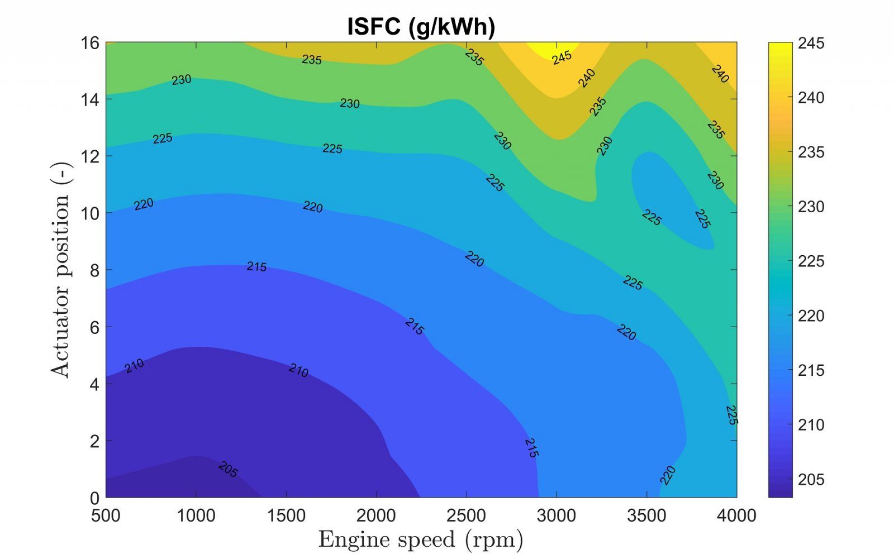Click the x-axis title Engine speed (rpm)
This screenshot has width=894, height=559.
pyautogui.click(x=421, y=540)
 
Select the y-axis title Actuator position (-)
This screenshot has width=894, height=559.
pyautogui.click(x=61, y=270)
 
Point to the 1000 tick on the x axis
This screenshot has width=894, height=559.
pyautogui.click(x=196, y=515)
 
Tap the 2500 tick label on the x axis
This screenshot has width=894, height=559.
pyautogui.click(x=467, y=515)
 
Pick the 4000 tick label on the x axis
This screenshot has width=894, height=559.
pyautogui.click(x=736, y=515)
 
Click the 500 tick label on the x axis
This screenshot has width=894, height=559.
pyautogui.click(x=106, y=515)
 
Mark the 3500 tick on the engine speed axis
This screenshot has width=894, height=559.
pyautogui.click(x=646, y=515)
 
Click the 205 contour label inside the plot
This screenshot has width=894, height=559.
pyautogui.click(x=228, y=470)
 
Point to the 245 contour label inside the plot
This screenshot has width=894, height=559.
pyautogui.click(x=562, y=57)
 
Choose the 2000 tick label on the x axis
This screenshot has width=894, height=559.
pyautogui.click(x=376, y=515)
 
